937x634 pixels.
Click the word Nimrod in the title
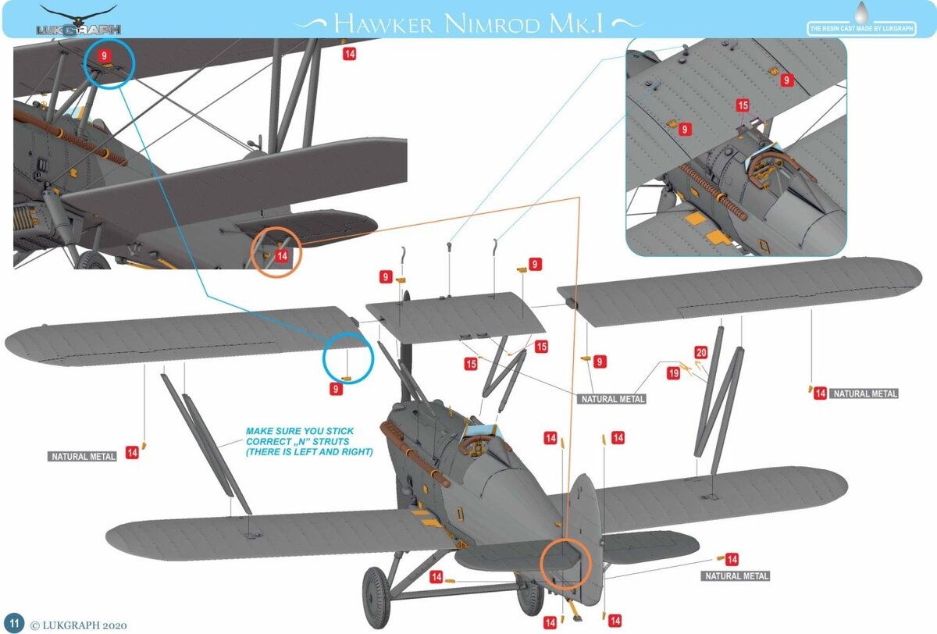tap(492, 24)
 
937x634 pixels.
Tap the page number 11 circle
tap(14, 623)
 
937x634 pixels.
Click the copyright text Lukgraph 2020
tap(79, 625)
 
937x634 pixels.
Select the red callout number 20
tap(701, 353)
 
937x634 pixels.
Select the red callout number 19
tap(673, 372)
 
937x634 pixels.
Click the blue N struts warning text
tap(308, 442)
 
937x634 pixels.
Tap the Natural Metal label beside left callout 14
tap(84, 457)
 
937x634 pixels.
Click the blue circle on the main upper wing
tap(348, 358)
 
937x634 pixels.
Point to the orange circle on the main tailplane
tap(565, 565)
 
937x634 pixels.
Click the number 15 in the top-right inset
tap(743, 105)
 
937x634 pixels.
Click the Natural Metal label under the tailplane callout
tap(736, 576)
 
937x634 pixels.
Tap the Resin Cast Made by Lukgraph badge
tap(861, 28)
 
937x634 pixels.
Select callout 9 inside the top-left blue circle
tap(104, 55)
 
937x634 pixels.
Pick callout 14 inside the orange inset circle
tap(282, 255)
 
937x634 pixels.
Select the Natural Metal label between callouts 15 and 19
tap(613, 399)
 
